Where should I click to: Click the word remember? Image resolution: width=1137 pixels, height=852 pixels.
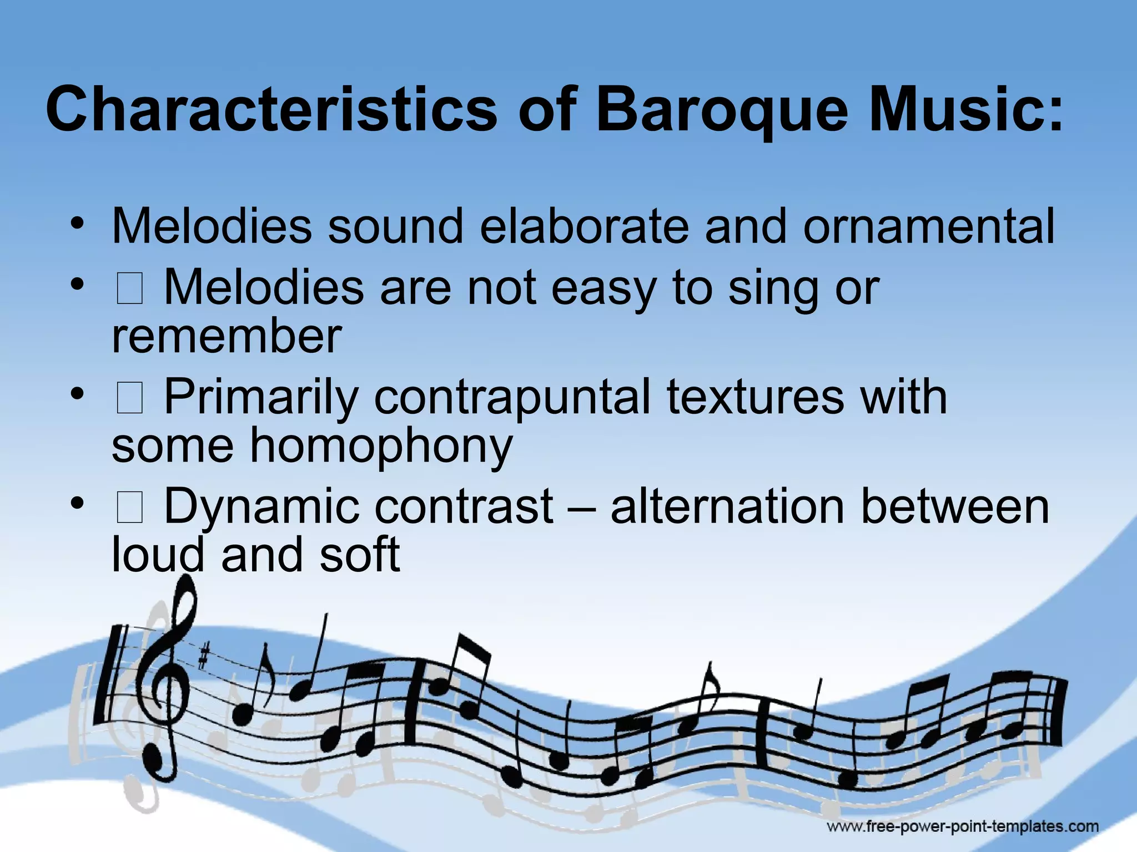(227, 336)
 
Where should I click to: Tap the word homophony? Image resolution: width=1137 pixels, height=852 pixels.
(381, 445)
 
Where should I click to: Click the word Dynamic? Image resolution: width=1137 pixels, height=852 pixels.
(261, 506)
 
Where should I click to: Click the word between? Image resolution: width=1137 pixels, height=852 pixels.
(955, 506)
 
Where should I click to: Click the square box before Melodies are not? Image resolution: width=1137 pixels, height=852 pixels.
(130, 290)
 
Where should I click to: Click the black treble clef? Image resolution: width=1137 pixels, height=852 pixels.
(170, 682)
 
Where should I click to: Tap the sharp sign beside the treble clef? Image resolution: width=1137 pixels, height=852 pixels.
(204, 657)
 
